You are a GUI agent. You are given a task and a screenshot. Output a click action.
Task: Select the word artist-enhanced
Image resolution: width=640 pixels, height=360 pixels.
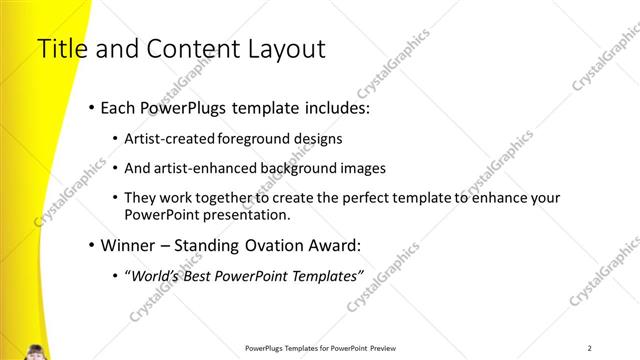tap(205, 168)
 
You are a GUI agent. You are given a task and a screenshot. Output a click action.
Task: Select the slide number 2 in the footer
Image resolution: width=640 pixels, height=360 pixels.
tap(589, 347)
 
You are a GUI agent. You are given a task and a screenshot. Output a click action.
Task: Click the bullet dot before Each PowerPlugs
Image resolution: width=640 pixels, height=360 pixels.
tap(92, 108)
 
